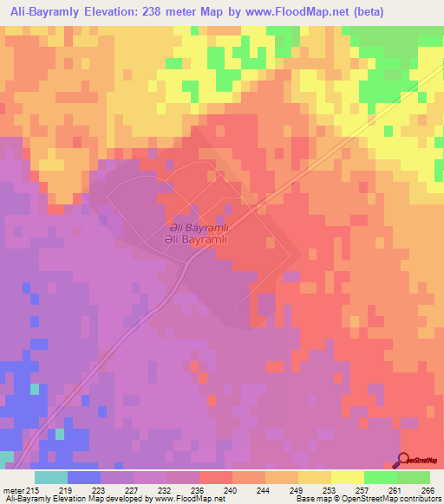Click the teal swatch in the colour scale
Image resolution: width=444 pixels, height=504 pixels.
[51, 477]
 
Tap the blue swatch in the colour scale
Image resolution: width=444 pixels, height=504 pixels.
[84, 477]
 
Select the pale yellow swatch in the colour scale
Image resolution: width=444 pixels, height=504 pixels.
[347, 477]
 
